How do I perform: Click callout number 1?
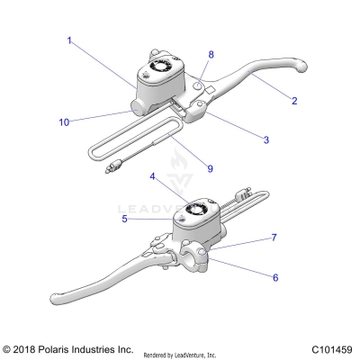click(68, 40)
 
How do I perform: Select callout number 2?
click(294, 101)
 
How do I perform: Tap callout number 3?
click(265, 139)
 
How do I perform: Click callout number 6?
click(276, 278)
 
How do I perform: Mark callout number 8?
click(212, 54)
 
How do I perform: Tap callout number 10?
click(64, 121)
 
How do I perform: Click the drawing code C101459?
click(331, 349)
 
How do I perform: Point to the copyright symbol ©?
click(8, 349)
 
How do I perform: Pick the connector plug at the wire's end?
click(113, 166)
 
